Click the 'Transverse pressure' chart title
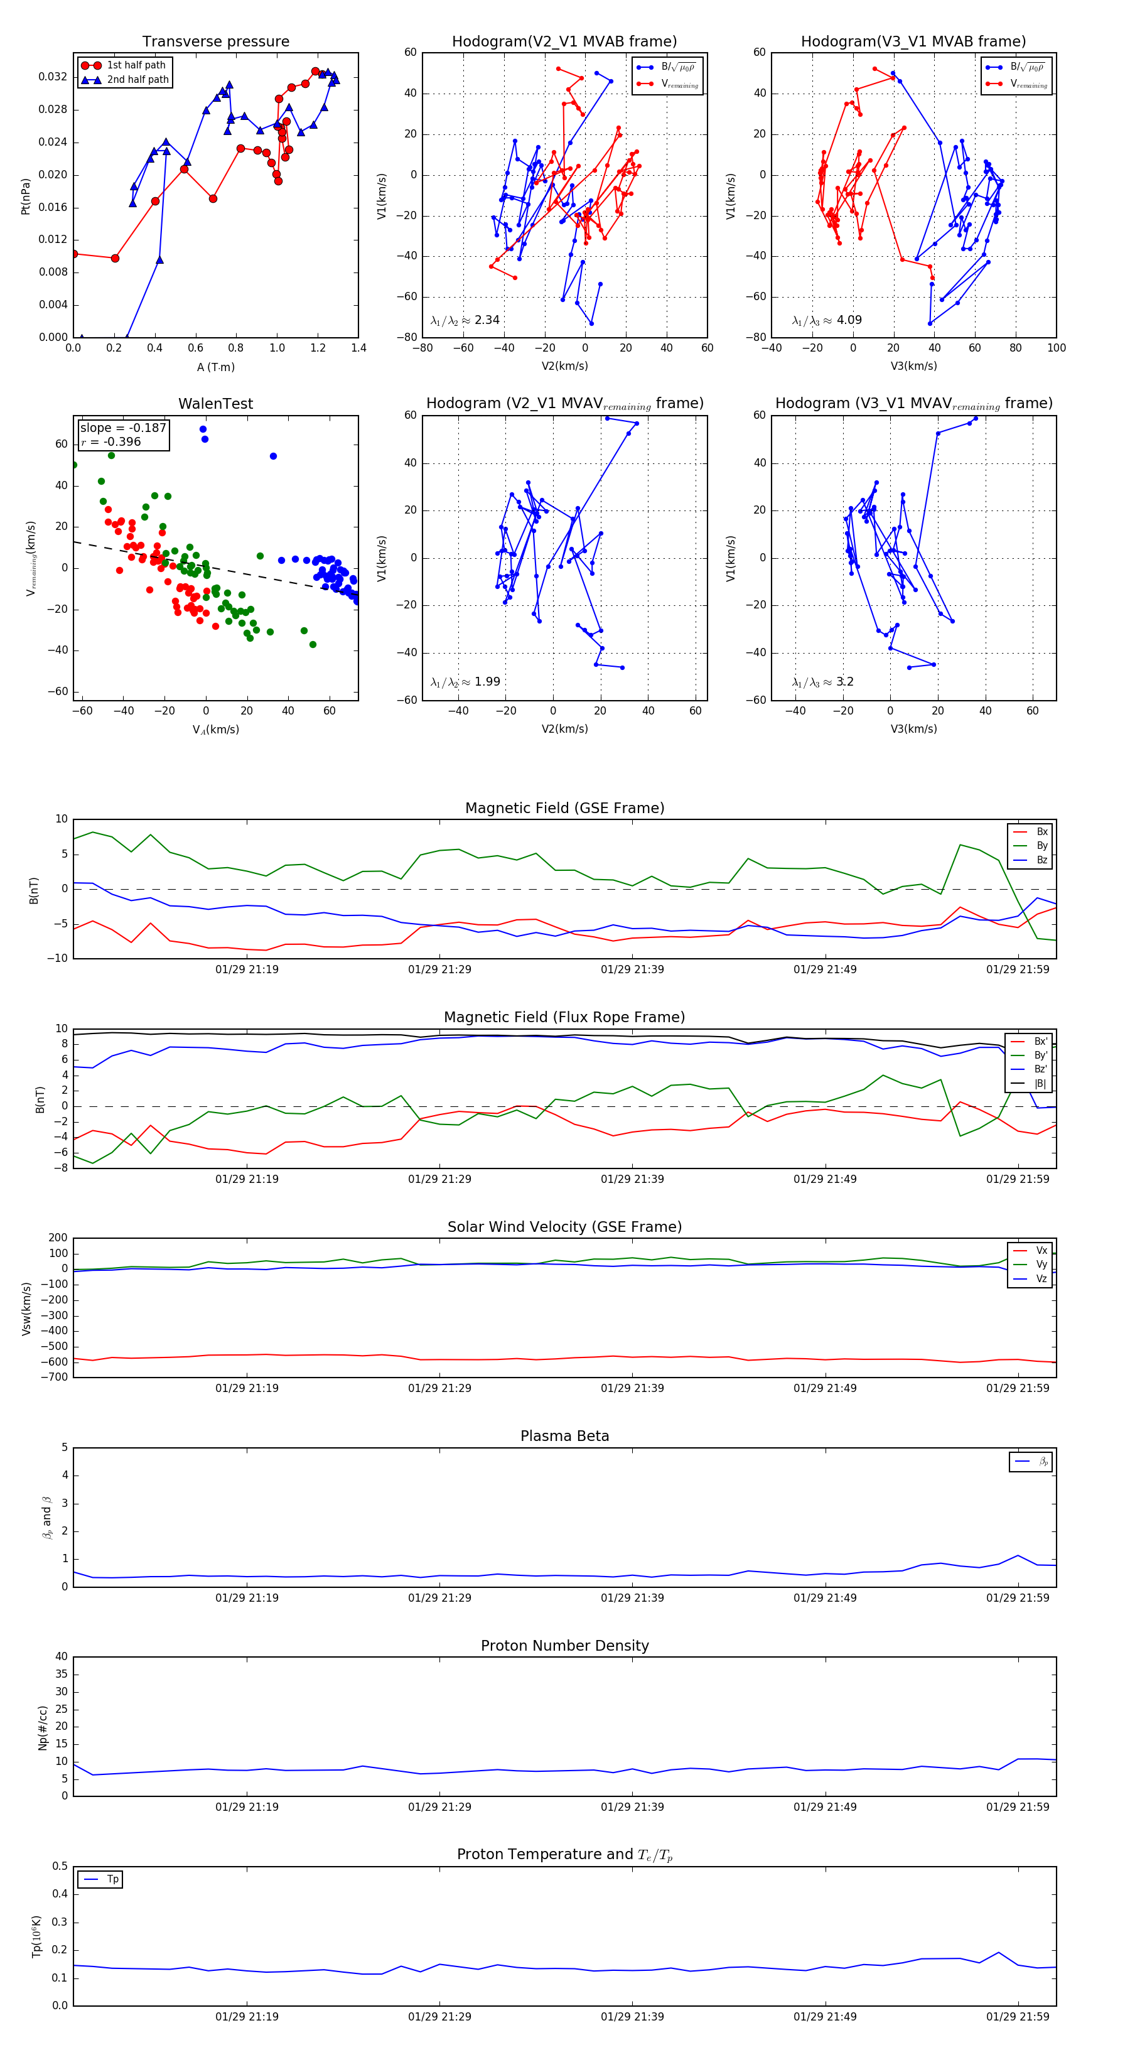(x=215, y=42)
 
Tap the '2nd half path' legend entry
(x=137, y=80)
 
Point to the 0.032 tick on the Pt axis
(x=53, y=77)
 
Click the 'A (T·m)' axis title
(x=215, y=367)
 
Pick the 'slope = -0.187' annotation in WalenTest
(x=123, y=428)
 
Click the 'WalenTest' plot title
(x=215, y=404)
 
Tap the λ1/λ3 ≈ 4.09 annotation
(x=827, y=320)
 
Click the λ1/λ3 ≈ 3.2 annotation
(x=823, y=682)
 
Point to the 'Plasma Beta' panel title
(x=564, y=1436)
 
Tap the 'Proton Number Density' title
(x=564, y=1646)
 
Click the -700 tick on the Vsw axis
(x=53, y=1377)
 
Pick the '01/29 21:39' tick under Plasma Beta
(x=632, y=1597)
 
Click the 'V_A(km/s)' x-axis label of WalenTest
(x=215, y=730)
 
